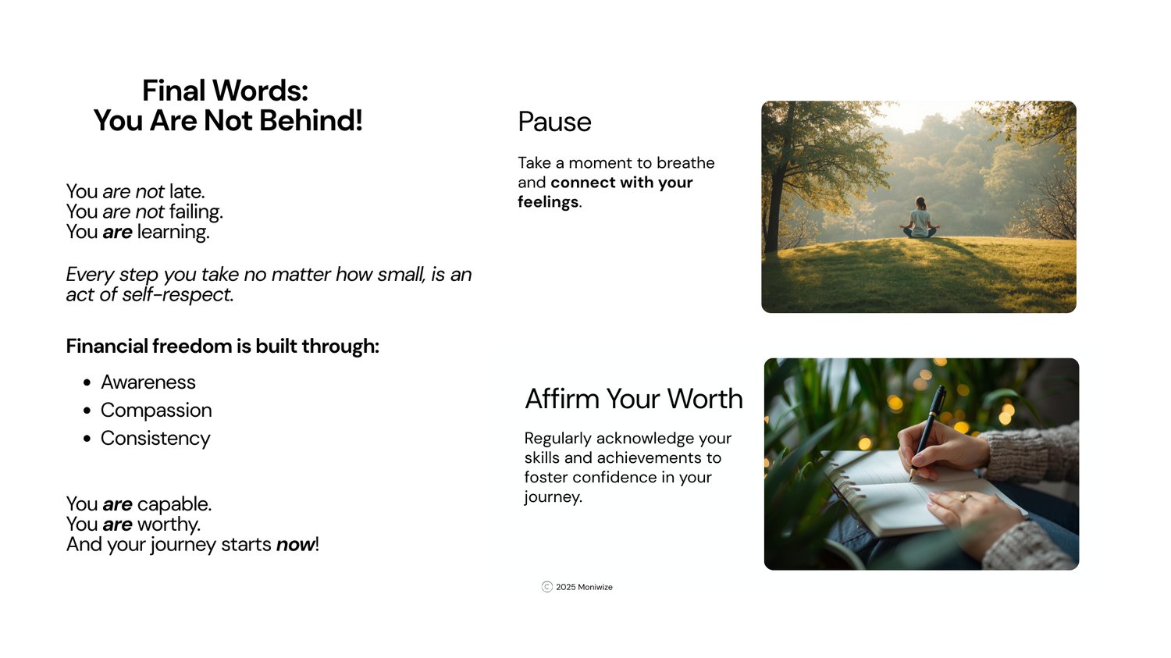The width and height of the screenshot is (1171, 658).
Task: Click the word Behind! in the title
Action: (x=311, y=121)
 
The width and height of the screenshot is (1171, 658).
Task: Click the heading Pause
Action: (x=554, y=122)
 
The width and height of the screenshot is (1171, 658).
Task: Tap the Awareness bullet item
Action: (x=148, y=382)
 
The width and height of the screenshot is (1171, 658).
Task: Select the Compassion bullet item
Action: (x=156, y=411)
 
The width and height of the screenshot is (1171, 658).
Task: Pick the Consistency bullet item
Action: (x=155, y=439)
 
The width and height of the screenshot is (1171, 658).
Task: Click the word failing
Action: (x=196, y=212)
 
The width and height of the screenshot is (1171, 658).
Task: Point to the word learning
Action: (x=173, y=232)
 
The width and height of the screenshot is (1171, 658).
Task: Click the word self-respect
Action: (x=178, y=295)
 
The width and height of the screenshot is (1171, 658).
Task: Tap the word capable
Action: (x=174, y=504)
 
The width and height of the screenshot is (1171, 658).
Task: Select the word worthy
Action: (x=176, y=525)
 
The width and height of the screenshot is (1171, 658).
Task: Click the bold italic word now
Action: (x=295, y=545)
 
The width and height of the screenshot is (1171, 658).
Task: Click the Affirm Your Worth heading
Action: (x=634, y=399)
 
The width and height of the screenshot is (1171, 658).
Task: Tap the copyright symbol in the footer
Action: (x=546, y=587)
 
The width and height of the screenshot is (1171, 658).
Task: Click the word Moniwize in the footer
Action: (x=595, y=587)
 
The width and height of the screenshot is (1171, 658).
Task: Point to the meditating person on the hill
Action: (x=920, y=219)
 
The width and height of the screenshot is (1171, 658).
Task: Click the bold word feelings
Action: (x=548, y=202)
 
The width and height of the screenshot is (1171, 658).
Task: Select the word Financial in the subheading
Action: (x=107, y=347)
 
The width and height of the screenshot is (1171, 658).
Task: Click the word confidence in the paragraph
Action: (x=614, y=477)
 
